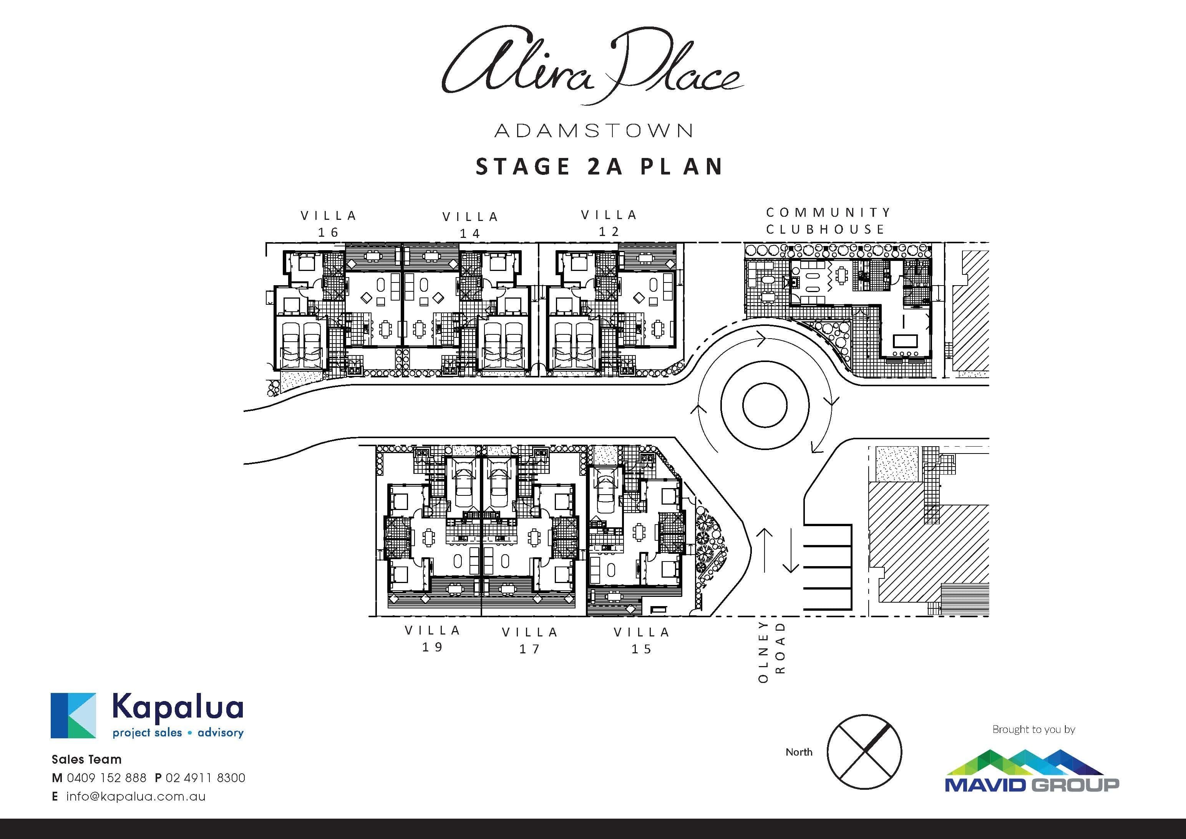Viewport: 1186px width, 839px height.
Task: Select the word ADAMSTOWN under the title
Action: [x=593, y=131]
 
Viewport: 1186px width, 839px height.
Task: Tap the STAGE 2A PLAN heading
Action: [x=599, y=166]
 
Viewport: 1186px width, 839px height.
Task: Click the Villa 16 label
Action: [x=328, y=224]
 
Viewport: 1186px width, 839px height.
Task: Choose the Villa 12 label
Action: [x=609, y=223]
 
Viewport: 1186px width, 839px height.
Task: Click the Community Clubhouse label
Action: [x=828, y=221]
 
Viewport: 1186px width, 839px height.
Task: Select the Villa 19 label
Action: [x=432, y=638]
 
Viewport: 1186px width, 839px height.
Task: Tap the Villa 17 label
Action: [x=530, y=640]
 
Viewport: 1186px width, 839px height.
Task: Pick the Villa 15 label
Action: [x=642, y=640]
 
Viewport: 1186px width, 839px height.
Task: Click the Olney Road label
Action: [x=772, y=652]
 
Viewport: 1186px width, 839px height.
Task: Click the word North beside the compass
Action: [x=799, y=752]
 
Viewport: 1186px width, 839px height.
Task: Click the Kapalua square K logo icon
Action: [x=73, y=716]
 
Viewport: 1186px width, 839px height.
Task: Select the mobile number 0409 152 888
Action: [x=106, y=778]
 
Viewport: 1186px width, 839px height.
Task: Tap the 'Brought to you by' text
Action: [x=1033, y=729]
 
